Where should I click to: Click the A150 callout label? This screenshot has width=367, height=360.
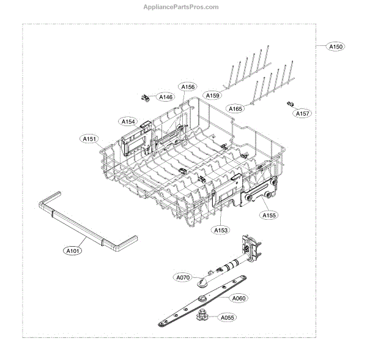[336, 47]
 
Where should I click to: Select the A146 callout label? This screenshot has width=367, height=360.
[165, 97]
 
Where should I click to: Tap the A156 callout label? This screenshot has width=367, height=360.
[187, 87]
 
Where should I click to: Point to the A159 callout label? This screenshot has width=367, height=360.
[213, 96]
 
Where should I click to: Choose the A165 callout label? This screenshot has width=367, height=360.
[235, 108]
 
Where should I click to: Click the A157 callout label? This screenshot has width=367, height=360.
[302, 114]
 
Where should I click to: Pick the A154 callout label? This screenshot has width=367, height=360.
[128, 122]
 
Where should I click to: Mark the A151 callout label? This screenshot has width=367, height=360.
[89, 139]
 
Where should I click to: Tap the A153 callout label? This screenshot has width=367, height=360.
[221, 230]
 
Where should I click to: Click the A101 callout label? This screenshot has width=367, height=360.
[73, 250]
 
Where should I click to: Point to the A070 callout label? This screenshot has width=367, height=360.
[183, 278]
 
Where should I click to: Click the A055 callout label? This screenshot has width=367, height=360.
[228, 318]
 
